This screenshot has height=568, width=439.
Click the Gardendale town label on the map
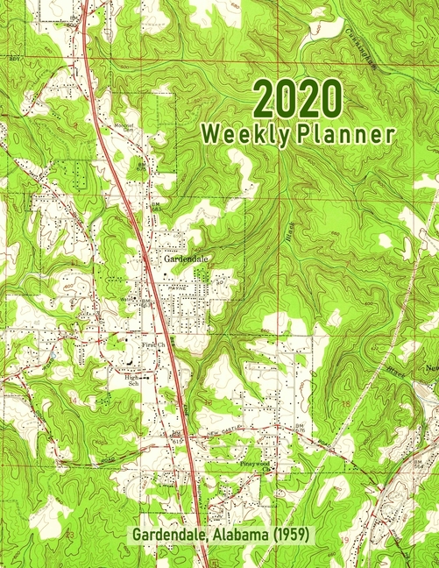[x=187, y=259]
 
